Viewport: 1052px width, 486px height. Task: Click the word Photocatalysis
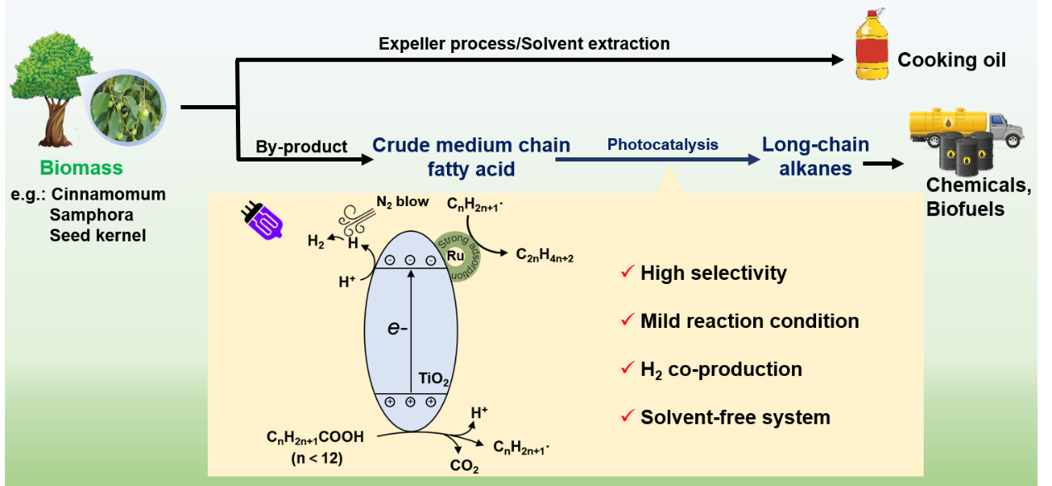pyautogui.click(x=662, y=144)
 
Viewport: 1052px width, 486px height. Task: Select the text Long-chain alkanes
pyautogui.click(x=815, y=156)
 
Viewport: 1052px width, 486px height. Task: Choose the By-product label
pyautogui.click(x=301, y=147)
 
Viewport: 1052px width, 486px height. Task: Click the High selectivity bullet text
pyautogui.click(x=713, y=273)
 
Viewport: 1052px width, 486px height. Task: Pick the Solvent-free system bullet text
pyautogui.click(x=734, y=417)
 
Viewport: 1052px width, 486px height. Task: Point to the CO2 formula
pyautogui.click(x=464, y=466)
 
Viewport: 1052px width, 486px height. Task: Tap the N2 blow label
pyautogui.click(x=406, y=201)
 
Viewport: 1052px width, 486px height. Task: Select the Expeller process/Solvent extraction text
pyautogui.click(x=524, y=43)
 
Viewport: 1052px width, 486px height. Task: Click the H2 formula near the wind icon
pyautogui.click(x=316, y=242)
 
